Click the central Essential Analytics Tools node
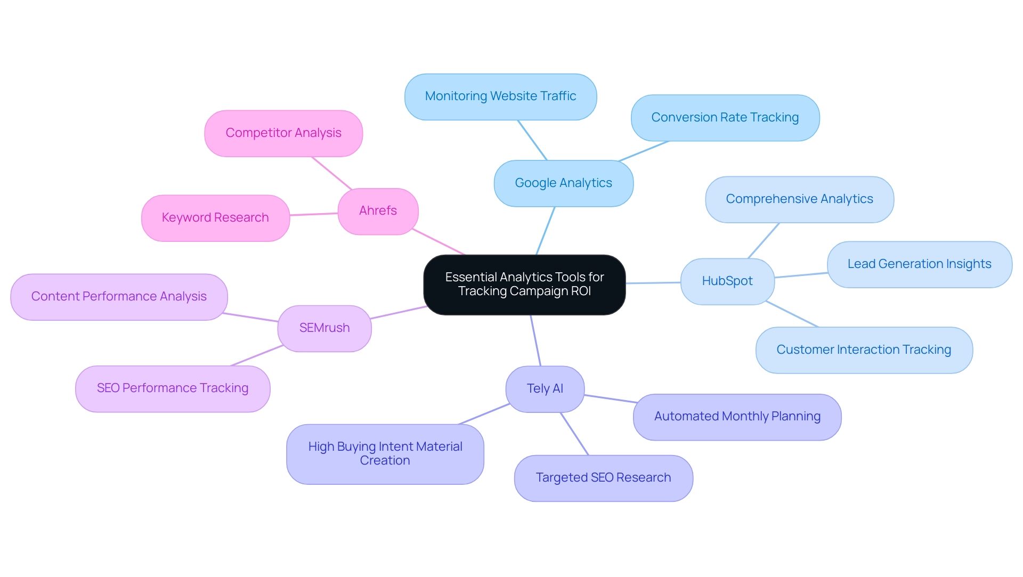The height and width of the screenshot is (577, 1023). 524,285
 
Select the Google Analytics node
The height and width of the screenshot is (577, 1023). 563,183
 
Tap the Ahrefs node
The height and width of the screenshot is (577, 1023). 378,211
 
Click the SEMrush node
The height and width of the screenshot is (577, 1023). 324,328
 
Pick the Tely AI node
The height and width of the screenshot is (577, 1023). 545,389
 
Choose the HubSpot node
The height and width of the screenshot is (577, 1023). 727,281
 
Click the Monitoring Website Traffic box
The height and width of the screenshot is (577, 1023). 500,96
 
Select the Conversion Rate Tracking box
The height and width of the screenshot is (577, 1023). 725,118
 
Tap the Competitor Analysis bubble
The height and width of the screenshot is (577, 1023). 283,133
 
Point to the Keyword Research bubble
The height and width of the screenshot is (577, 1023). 215,218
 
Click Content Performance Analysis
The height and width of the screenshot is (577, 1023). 119,297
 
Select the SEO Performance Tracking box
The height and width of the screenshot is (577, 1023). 173,388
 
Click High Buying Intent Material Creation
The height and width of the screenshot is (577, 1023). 385,454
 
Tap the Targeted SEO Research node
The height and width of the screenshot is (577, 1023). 603,478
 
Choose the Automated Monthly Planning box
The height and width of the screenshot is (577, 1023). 737,417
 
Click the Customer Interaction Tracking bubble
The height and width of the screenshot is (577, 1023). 864,350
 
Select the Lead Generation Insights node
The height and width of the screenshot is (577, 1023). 919,264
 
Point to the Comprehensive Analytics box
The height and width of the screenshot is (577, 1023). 799,199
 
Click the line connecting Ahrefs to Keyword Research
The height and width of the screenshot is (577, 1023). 314,214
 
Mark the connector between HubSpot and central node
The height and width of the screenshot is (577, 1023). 653,283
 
